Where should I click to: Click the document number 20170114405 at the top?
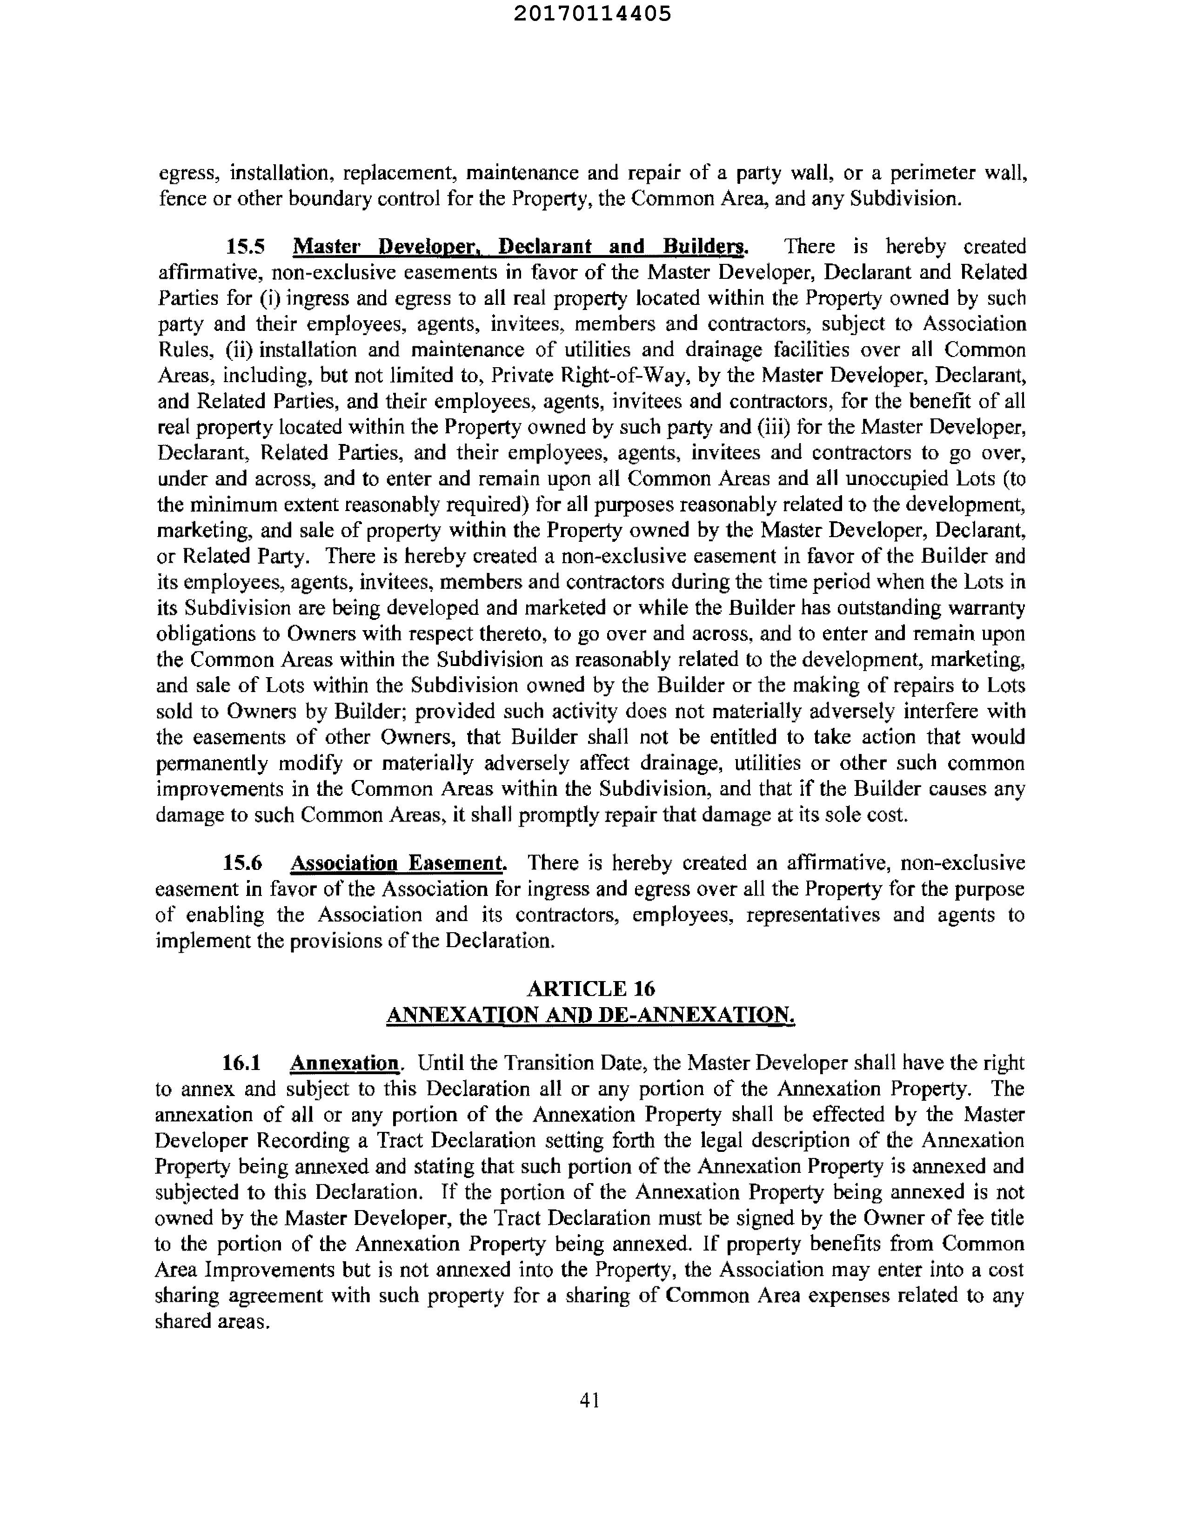pyautogui.click(x=592, y=14)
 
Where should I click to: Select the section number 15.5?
pyautogui.click(x=245, y=247)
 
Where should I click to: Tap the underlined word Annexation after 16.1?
pyautogui.click(x=345, y=1063)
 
